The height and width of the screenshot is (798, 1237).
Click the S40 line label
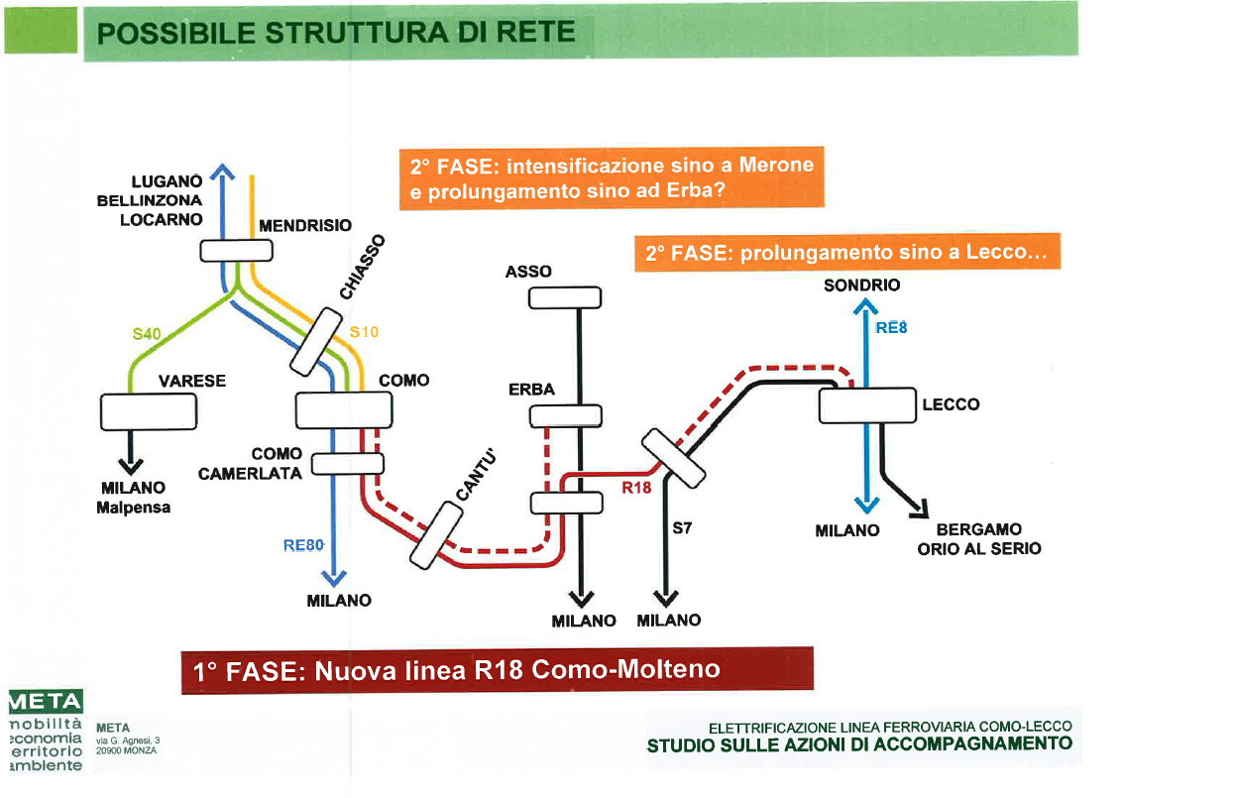tap(147, 333)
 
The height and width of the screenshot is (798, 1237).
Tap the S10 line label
tap(364, 332)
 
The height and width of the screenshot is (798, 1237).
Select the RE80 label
tap(303, 544)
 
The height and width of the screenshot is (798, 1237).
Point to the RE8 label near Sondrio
tap(891, 327)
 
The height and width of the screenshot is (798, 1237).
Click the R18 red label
tap(635, 487)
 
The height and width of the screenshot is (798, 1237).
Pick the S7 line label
tap(682, 528)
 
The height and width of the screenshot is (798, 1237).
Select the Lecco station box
tap(866, 404)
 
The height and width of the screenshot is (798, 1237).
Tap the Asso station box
tap(565, 297)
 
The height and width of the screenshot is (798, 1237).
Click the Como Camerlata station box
tap(348, 463)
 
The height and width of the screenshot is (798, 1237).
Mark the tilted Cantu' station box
tap(437, 535)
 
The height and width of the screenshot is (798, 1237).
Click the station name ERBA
tap(532, 390)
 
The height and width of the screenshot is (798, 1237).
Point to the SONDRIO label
tap(861, 285)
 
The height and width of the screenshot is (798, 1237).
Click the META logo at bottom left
tap(45, 702)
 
